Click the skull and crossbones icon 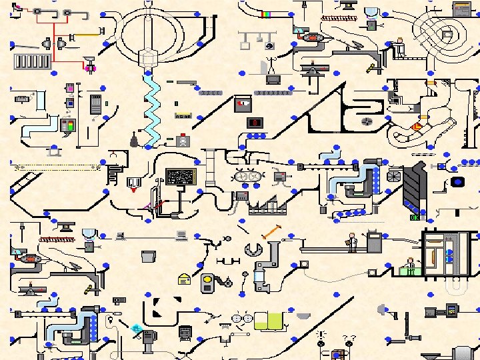tap(182, 141)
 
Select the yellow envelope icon tap(185, 279)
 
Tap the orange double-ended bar tap(270, 232)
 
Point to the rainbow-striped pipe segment tap(266, 13)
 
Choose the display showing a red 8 tap(254, 123)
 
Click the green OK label tap(415, 217)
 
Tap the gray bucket tap(149, 256)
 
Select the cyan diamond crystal tap(136, 328)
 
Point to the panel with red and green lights tap(67, 125)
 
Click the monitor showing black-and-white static tap(180, 177)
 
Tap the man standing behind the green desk tap(411, 265)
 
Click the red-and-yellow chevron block tap(417, 126)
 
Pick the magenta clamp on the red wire tap(88, 67)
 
